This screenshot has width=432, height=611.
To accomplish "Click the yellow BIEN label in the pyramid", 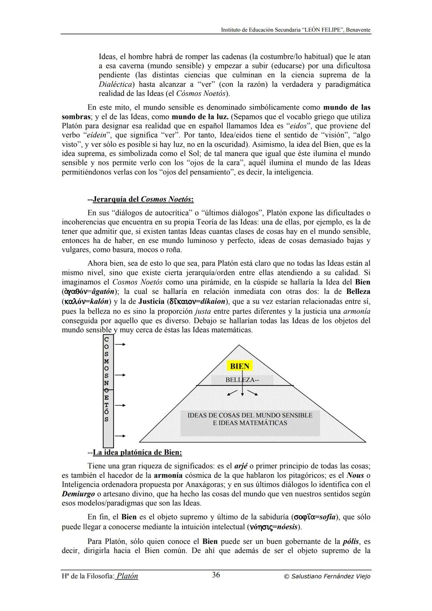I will [240, 366].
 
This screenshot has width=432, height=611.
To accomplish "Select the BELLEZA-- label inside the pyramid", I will [242, 380].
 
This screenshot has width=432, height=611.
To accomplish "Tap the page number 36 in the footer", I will [216, 575].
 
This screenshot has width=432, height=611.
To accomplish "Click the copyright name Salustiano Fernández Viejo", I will [327, 576].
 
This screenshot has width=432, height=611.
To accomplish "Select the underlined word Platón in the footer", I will [127, 576].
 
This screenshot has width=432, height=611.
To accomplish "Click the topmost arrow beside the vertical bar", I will [120, 344].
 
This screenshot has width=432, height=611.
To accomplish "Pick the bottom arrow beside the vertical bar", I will [120, 436].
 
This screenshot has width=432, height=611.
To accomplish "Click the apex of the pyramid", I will [239, 345].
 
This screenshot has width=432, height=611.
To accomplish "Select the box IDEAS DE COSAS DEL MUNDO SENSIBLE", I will [250, 419].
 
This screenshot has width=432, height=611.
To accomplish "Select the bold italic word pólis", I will [351, 542].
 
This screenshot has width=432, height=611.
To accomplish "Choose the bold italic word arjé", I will [241, 466].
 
